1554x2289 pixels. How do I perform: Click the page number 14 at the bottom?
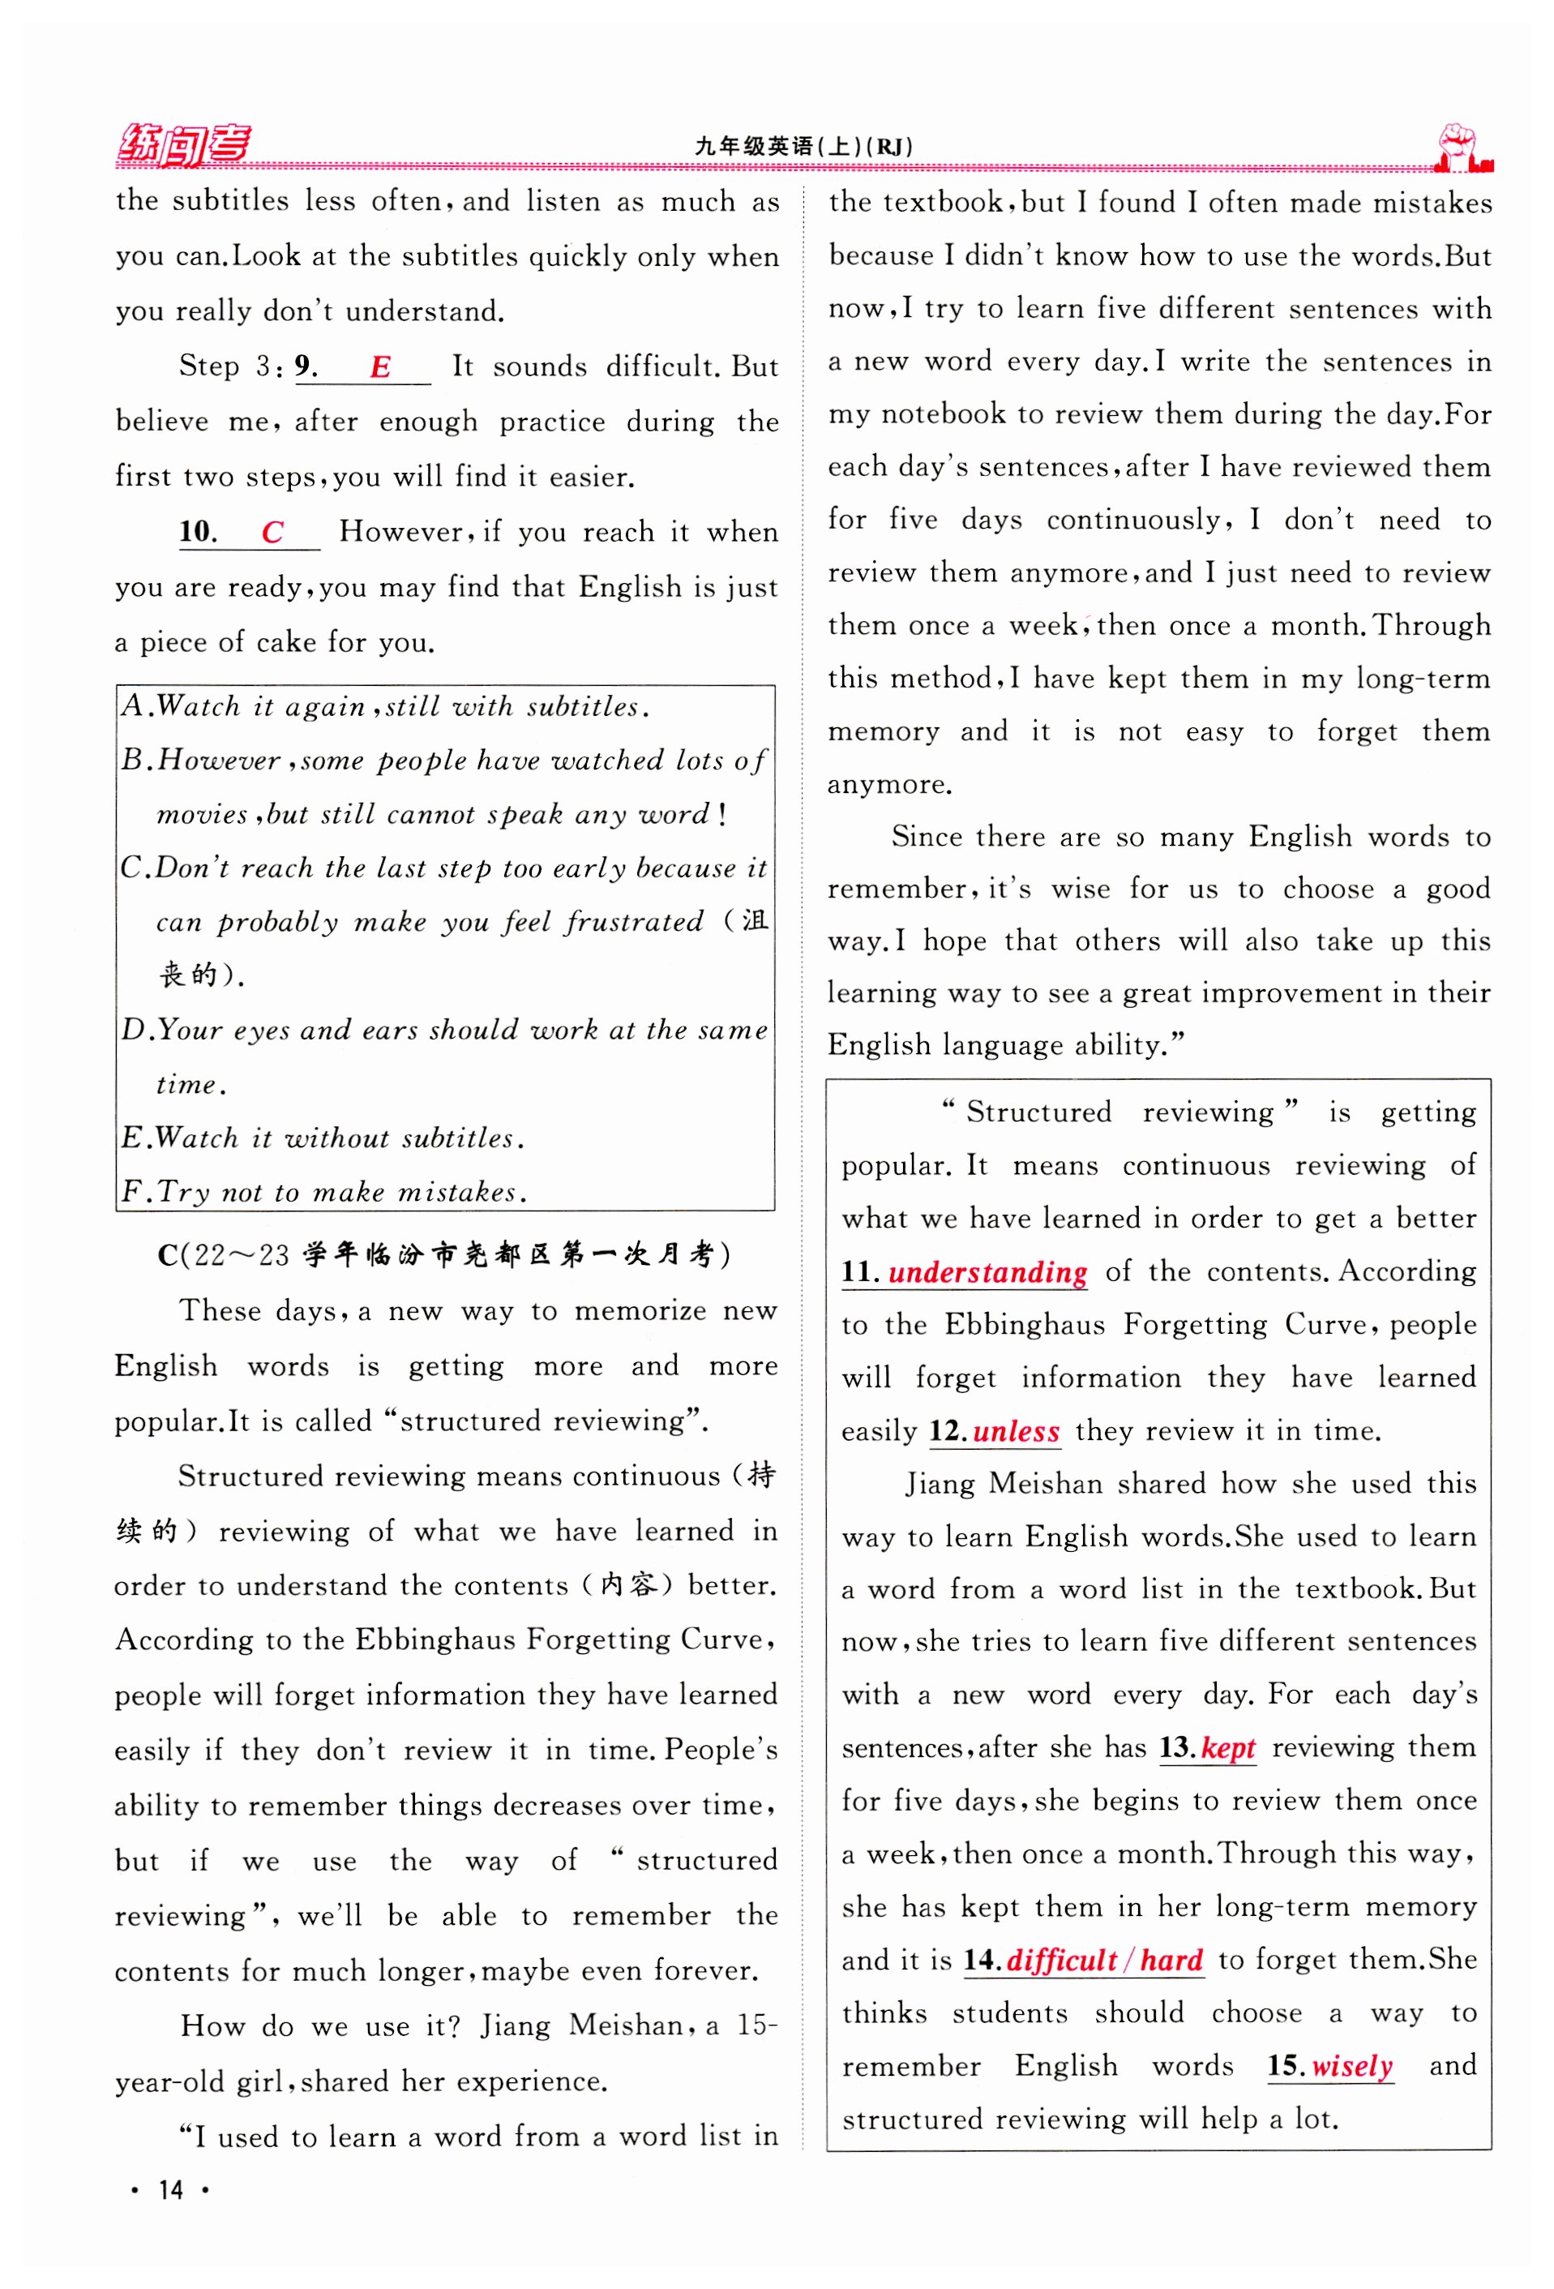pos(170,2189)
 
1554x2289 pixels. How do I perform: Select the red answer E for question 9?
pos(380,367)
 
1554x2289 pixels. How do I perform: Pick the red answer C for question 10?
pos(273,533)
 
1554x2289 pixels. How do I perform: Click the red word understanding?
pos(987,1272)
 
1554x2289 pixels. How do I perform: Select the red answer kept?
pos(1227,1748)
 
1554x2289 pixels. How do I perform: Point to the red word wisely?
pos(1351,2065)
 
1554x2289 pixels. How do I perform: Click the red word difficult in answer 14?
pos(1060,1960)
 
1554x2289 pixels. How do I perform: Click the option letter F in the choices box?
pos(131,1192)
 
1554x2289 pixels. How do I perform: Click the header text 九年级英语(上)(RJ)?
pos(803,147)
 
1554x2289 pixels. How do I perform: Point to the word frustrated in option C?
pos(634,922)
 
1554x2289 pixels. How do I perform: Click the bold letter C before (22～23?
pos(168,1256)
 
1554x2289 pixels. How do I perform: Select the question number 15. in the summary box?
pos(1286,2065)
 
